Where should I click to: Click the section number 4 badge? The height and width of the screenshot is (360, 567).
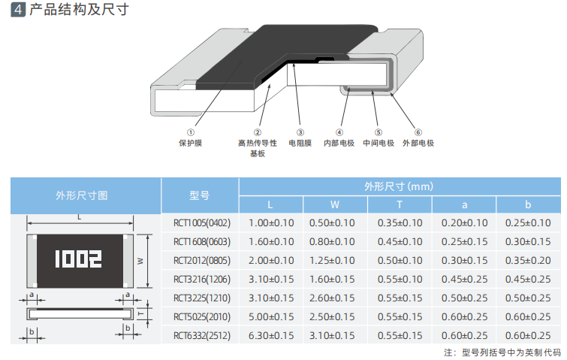tap(18, 10)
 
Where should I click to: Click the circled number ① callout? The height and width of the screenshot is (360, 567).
tap(191, 132)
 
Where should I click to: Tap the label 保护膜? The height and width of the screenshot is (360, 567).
tap(190, 144)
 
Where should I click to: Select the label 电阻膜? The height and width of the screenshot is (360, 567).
tap(300, 144)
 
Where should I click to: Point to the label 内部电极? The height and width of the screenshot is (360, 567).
tap(339, 144)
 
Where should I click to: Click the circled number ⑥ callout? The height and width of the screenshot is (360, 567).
tap(418, 132)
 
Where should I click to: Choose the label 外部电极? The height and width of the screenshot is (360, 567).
tap(418, 144)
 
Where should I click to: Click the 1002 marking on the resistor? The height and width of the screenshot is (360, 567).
tap(78, 259)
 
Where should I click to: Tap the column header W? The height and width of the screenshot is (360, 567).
tap(335, 204)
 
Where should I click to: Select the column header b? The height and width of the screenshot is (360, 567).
tap(528, 204)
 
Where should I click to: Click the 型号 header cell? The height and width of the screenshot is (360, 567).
tap(200, 195)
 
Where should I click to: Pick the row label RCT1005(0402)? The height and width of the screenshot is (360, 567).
tap(202, 223)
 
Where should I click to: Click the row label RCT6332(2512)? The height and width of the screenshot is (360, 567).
tap(202, 336)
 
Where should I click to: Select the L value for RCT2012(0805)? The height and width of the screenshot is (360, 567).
tap(271, 261)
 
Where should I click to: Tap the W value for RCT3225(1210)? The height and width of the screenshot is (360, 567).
tap(332, 298)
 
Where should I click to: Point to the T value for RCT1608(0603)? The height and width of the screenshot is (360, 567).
tap(400, 242)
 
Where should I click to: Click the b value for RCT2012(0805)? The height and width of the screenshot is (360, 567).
tap(528, 261)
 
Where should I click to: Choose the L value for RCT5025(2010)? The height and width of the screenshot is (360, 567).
tap(271, 317)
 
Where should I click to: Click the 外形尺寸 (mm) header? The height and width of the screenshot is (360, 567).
tap(399, 186)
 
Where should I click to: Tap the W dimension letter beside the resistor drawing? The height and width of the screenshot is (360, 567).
tap(140, 261)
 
